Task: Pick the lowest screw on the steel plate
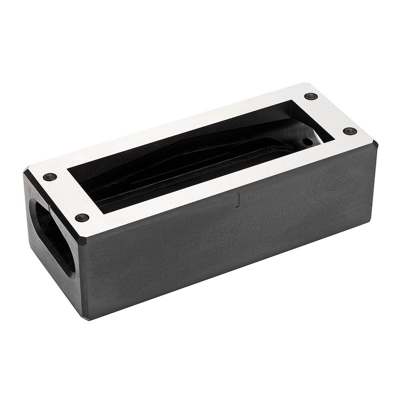[80, 218]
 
